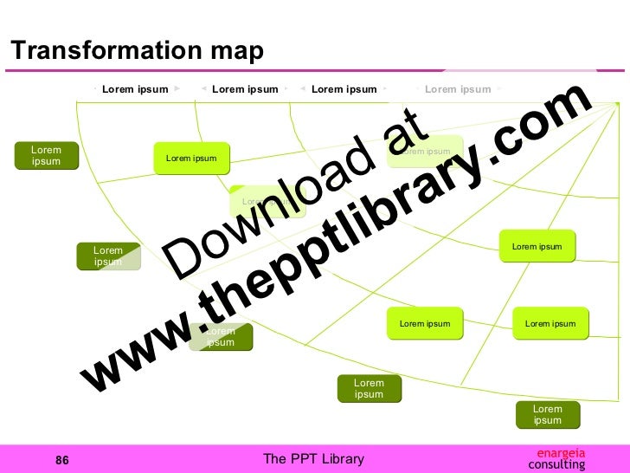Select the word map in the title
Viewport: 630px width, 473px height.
pos(235,52)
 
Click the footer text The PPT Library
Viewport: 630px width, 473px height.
pos(313,459)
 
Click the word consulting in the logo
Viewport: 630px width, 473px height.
pos(556,464)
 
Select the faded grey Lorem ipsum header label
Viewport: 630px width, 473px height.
pos(457,88)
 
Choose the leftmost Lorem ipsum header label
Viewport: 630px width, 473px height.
pos(135,88)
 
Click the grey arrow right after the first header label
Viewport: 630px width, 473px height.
pos(177,88)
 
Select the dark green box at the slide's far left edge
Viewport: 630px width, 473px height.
pos(47,156)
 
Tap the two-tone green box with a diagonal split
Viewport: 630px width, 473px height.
pos(108,256)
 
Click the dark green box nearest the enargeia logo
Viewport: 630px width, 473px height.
pos(547,415)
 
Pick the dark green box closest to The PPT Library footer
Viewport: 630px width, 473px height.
pos(369,389)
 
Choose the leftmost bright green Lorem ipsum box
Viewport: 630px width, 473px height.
pos(191,159)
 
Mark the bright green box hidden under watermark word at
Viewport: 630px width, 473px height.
pos(426,152)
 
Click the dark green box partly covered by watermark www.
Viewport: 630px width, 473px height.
pos(221,337)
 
